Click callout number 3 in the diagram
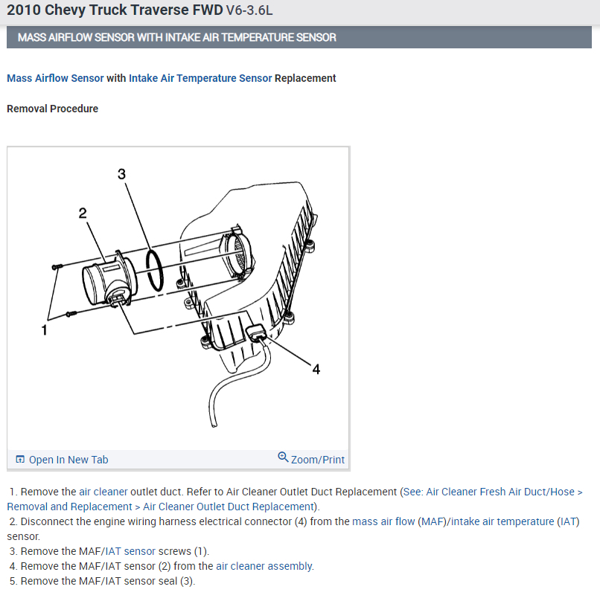122,174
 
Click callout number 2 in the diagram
83,213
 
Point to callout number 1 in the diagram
45,330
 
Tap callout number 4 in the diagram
316,369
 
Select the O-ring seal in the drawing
156,272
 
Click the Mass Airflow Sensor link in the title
55,78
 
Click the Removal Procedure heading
52,109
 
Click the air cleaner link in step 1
103,492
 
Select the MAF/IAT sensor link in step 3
130,551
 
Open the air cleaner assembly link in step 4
264,566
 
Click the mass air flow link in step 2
383,521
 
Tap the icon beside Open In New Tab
20,460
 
